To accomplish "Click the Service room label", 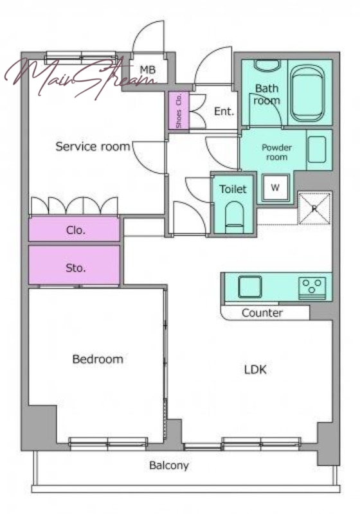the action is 93,146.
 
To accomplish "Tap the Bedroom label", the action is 98,359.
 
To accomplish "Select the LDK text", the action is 255,370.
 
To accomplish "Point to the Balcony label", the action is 169,465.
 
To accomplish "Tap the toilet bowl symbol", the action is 235,217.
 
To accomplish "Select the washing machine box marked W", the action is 275,188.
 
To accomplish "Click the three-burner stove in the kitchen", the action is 312,287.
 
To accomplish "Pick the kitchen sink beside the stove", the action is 250,287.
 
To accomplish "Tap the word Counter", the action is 262,313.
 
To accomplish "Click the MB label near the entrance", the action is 148,69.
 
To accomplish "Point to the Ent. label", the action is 224,111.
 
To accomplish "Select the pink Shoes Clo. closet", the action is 179,110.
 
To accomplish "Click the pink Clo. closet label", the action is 76,230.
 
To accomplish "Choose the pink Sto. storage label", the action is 76,268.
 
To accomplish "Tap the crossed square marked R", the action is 314,208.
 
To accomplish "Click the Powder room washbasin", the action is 317,149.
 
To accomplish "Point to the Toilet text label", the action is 233,189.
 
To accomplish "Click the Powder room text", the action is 276,152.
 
